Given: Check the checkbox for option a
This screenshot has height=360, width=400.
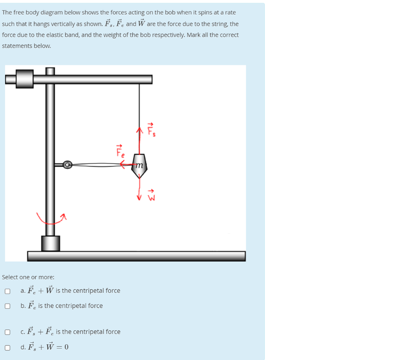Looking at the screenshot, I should click(x=7, y=291).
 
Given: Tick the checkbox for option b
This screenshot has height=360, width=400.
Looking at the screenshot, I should click(x=7, y=306).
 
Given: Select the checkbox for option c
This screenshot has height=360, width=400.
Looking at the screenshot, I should click(x=7, y=332).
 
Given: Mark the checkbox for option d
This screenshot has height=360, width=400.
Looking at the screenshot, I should click(x=7, y=347).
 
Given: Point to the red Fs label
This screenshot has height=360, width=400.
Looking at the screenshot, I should click(x=151, y=130).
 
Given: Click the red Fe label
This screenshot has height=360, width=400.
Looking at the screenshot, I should click(x=120, y=151).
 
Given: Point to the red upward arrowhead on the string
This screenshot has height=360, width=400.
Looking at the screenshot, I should click(x=139, y=130).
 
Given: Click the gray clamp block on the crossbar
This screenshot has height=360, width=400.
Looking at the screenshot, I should click(x=25, y=79).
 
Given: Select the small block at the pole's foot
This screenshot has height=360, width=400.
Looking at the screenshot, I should click(x=51, y=243).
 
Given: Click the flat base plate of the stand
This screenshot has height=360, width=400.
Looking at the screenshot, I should click(x=136, y=256).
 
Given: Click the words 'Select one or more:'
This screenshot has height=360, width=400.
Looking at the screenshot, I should click(x=28, y=277).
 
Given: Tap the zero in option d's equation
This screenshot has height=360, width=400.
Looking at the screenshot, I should click(x=66, y=347).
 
